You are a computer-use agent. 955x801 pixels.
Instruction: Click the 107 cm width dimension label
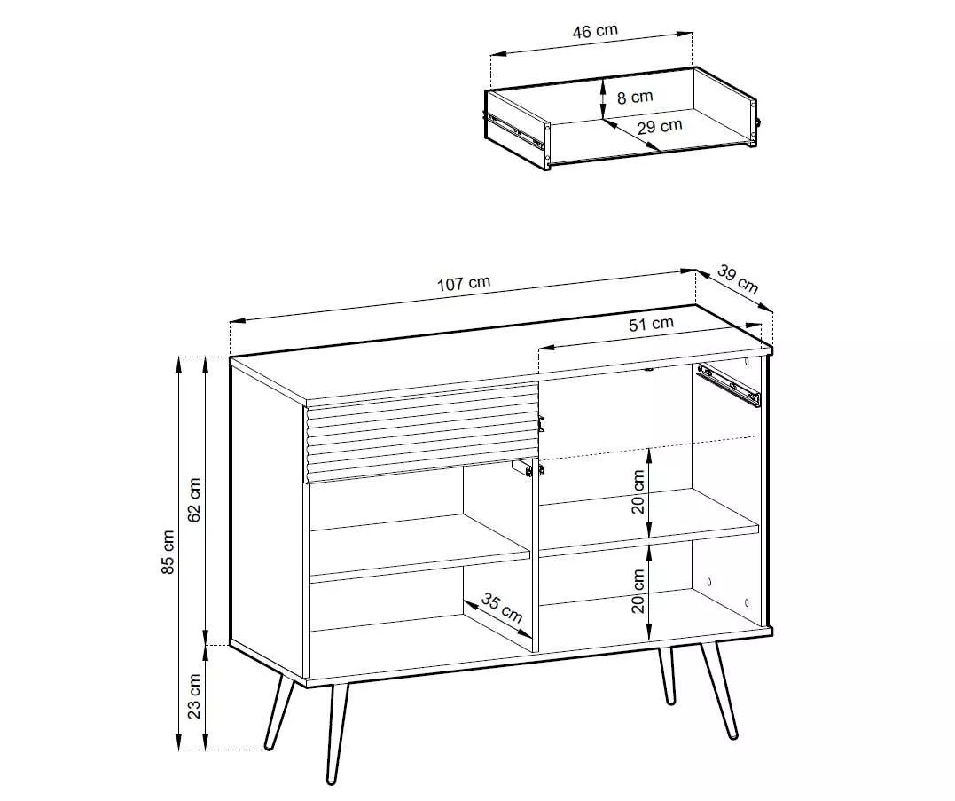click(x=464, y=283)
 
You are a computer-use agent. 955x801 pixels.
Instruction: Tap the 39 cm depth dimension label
click(x=738, y=279)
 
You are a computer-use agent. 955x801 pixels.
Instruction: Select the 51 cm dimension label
click(x=651, y=324)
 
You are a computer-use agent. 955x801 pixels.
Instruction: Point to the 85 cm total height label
click(x=168, y=552)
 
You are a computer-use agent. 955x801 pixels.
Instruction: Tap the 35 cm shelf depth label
click(x=502, y=609)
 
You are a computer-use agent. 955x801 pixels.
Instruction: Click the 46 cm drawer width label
click(x=595, y=31)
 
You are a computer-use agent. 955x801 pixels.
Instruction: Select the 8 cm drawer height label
click(x=635, y=98)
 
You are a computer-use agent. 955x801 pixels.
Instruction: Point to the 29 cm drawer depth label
click(x=660, y=127)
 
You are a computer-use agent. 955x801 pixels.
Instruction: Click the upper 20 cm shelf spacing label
click(x=638, y=491)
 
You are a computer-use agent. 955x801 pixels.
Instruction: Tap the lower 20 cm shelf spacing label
click(x=638, y=591)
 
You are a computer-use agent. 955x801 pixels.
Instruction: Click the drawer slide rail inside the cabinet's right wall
click(x=729, y=384)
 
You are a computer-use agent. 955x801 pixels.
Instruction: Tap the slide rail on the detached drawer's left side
click(x=517, y=131)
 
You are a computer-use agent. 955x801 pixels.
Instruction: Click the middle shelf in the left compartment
click(x=420, y=546)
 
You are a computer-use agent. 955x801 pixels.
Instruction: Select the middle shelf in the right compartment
click(x=650, y=522)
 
